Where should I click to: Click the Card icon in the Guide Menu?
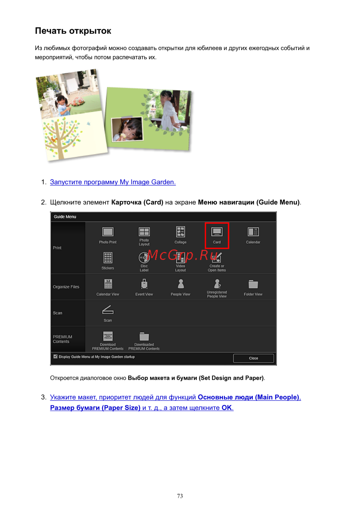pyautogui.click(x=217, y=231)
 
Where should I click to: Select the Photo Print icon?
pyautogui.click(x=108, y=231)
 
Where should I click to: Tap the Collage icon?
pyautogui.click(x=180, y=231)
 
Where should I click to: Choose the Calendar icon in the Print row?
pyautogui.click(x=253, y=231)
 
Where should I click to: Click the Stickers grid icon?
pyautogui.click(x=108, y=257)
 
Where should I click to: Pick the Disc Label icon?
pyautogui.click(x=144, y=257)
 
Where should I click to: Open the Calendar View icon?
pyautogui.click(x=108, y=284)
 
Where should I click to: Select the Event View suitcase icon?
pyautogui.click(x=144, y=284)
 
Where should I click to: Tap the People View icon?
pyautogui.click(x=181, y=284)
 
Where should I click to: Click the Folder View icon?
pyautogui.click(x=253, y=284)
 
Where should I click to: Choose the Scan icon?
pyautogui.click(x=108, y=310)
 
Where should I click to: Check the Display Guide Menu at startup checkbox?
pyautogui.click(x=55, y=356)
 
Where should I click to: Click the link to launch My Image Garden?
pyautogui.click(x=113, y=182)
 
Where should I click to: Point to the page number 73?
pyautogui.click(x=180, y=496)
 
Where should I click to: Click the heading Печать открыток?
pyautogui.click(x=73, y=31)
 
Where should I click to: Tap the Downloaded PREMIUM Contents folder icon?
pyautogui.click(x=144, y=336)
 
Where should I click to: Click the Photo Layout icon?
pyautogui.click(x=144, y=231)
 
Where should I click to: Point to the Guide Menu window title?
pyautogui.click(x=65, y=217)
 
